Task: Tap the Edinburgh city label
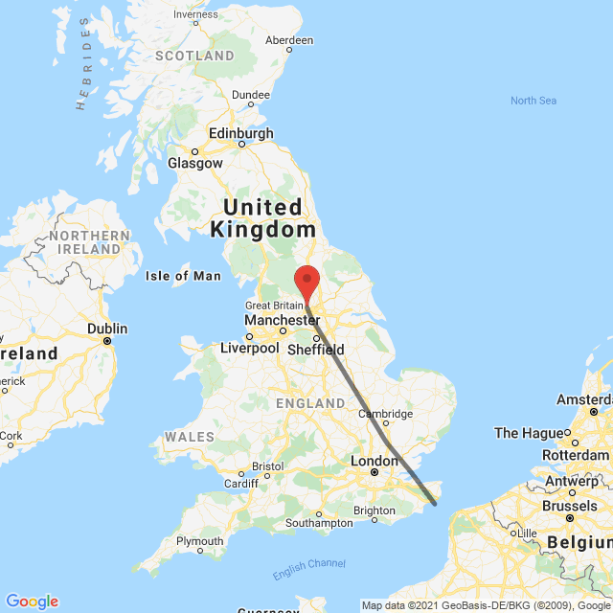[x=242, y=133]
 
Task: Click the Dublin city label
[x=106, y=328]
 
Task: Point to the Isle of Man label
[x=183, y=276]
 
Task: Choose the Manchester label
[x=282, y=319]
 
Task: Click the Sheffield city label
[x=317, y=350]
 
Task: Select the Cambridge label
[x=385, y=413]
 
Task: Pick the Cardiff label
[x=241, y=482]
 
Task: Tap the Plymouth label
[x=199, y=542]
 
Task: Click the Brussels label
[x=570, y=505]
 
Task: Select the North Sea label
[x=534, y=101]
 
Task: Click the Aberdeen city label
[x=288, y=40]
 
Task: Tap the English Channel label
[x=308, y=570]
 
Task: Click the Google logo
[x=32, y=602]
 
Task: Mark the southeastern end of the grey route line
[x=435, y=503]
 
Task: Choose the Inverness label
[x=195, y=14]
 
